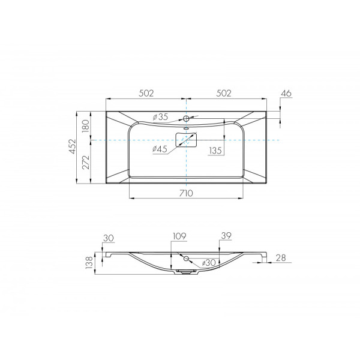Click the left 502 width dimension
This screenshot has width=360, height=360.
tap(146, 93)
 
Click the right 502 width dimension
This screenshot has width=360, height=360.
tap(224, 93)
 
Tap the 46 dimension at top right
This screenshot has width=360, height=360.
tap(286, 93)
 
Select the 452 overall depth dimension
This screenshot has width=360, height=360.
tap(73, 146)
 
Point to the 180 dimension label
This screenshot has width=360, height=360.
tap(85, 125)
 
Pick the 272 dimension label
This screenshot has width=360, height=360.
tap(85, 162)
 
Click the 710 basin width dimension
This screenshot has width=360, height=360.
tap(186, 193)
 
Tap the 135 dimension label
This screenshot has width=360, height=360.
tap(215, 151)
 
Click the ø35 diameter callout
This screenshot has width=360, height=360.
tap(160, 117)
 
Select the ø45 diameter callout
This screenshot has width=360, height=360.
tap(160, 149)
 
